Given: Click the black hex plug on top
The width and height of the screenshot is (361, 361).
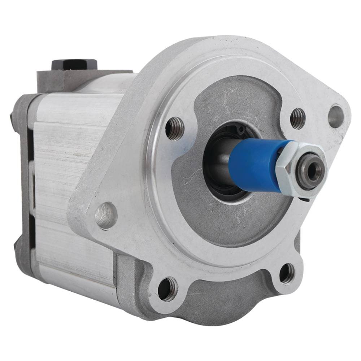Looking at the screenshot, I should pyautogui.click(x=74, y=64).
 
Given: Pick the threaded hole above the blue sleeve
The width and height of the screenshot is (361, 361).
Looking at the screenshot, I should pyautogui.click(x=298, y=118).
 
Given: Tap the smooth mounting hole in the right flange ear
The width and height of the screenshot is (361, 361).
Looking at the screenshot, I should pyautogui.click(x=336, y=116).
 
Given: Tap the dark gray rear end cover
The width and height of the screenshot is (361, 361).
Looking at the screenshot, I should pyautogui.click(x=22, y=173).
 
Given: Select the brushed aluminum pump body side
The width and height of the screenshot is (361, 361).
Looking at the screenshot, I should pyautogui.click(x=72, y=180).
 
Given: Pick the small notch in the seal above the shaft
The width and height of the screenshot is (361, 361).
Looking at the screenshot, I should pyautogui.click(x=238, y=127).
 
